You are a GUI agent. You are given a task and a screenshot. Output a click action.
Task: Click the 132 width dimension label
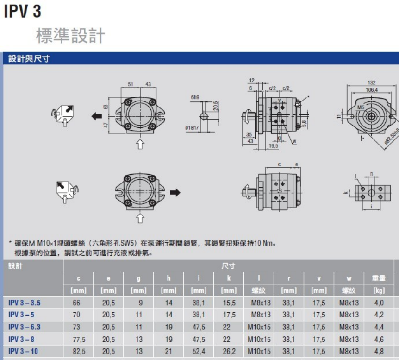pos(371,83)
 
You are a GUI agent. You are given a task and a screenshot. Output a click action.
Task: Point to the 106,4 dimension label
pos(371,90)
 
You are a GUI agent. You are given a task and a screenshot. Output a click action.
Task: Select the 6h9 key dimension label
pos(195,98)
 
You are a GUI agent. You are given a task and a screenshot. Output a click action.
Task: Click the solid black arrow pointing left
pos(97,116)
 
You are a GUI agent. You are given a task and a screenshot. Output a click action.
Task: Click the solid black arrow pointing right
pos(175,192)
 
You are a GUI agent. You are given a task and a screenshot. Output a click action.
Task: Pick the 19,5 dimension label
pos(273,146)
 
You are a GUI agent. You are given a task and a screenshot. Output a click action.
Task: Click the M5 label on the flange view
pos(361,107)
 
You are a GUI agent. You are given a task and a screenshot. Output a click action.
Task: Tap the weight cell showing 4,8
pos(379,351)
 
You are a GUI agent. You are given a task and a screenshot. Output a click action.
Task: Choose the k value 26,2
pos(229,351)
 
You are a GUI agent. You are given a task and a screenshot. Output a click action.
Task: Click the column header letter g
pos(138,278)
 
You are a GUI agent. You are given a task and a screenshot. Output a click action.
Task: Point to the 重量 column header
pos(379,278)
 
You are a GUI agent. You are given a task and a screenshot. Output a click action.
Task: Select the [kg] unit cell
pos(379,291)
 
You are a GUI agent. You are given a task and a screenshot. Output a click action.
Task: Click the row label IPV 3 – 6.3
pos(25,327)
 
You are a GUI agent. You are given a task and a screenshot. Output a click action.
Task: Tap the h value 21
pos(168,351)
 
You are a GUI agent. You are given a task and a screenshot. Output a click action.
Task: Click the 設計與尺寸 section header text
pos(29,58)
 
